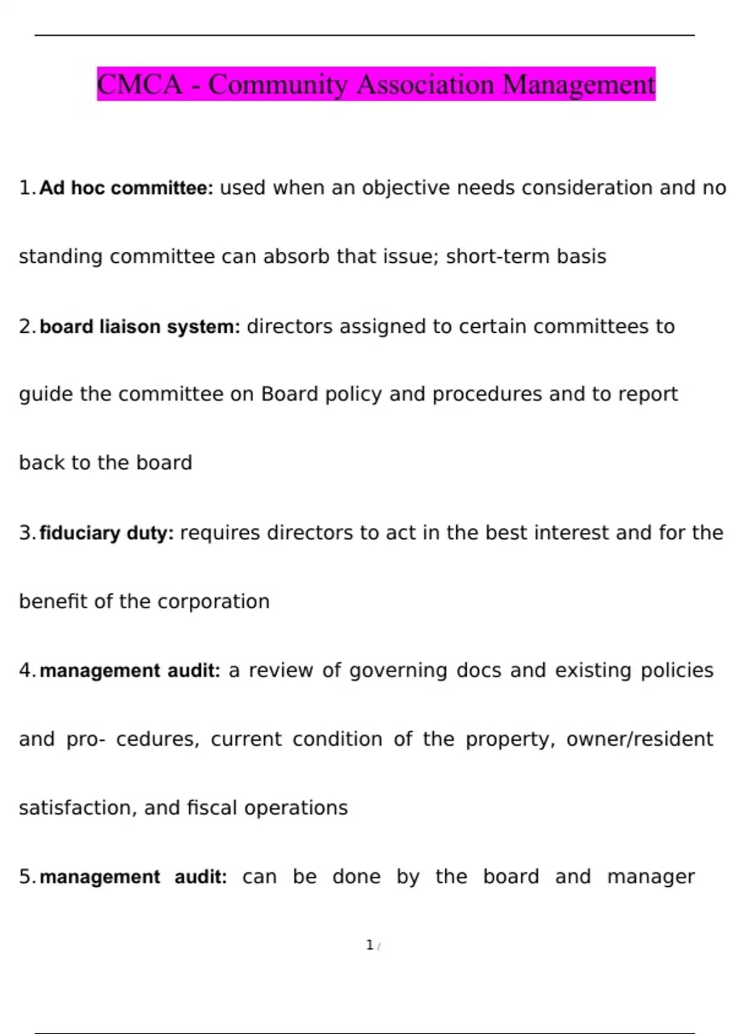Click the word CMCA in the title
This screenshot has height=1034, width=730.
(x=139, y=85)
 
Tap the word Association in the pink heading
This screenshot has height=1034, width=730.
(x=425, y=85)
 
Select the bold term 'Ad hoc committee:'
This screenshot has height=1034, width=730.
(x=126, y=188)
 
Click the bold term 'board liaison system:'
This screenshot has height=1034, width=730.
(x=140, y=327)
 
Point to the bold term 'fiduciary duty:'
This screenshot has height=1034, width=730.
(x=106, y=533)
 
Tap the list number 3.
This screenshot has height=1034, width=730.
(x=26, y=533)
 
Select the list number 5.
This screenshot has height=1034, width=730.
(x=26, y=877)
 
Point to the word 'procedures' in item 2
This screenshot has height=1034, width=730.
(x=487, y=395)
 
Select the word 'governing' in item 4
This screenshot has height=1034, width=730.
(x=398, y=670)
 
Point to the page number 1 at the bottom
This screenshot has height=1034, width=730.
(x=369, y=945)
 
